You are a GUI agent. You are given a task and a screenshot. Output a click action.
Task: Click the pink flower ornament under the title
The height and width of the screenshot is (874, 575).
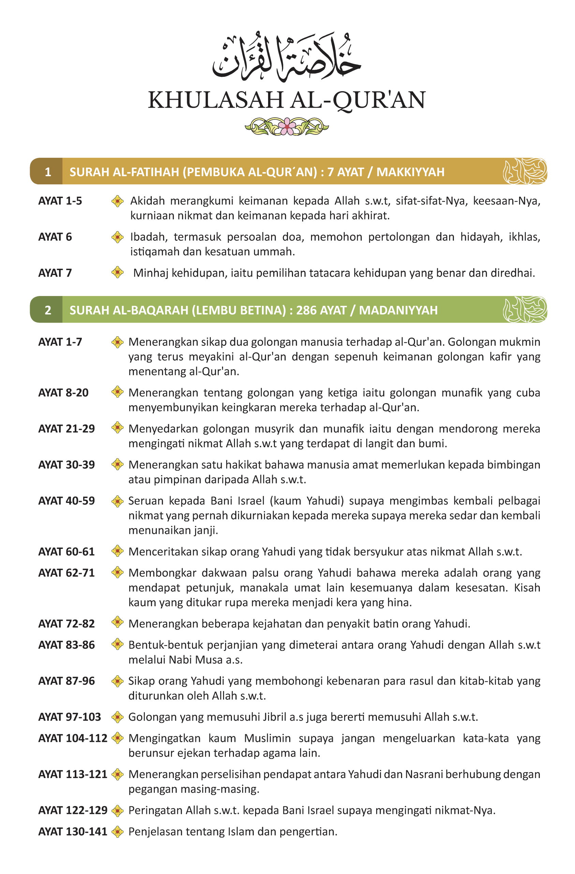point(286,127)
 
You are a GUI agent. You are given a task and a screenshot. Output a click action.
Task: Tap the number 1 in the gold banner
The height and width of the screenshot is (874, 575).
point(48,172)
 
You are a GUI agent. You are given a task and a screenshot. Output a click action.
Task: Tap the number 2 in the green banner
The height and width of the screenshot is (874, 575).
point(48,310)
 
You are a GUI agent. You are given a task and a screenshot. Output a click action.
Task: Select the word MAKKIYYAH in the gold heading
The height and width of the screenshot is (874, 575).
point(410,172)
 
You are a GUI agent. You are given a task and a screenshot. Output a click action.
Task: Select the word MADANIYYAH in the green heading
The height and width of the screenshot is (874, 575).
point(398,310)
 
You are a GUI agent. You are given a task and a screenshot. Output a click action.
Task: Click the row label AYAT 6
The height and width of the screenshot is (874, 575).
point(55,237)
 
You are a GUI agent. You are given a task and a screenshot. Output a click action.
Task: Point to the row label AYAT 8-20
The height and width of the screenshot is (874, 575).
point(63,393)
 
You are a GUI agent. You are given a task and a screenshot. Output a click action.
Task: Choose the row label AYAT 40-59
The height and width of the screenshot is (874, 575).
point(67,501)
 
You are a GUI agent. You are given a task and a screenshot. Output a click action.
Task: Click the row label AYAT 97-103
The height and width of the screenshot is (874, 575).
point(69,717)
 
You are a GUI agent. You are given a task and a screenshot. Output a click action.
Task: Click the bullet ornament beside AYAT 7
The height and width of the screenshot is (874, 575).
point(117,272)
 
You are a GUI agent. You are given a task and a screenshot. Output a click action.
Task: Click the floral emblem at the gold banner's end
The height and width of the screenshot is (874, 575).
point(525,171)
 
